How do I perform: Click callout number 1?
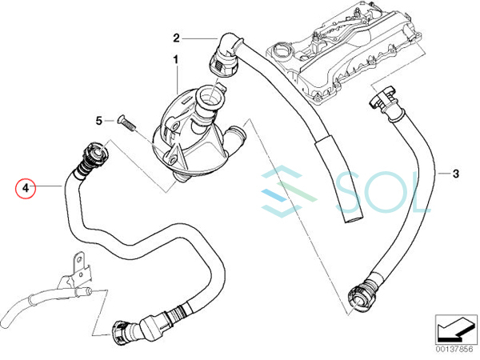pyautogui.click(x=176, y=60)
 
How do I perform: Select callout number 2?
pyautogui.click(x=176, y=38)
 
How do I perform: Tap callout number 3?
pyautogui.click(x=456, y=174)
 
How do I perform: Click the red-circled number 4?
pyautogui.click(x=26, y=188)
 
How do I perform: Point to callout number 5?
pyautogui.click(x=98, y=121)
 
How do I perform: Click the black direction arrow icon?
pyautogui.click(x=455, y=329)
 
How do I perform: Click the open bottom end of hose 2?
pyautogui.click(x=352, y=218)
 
